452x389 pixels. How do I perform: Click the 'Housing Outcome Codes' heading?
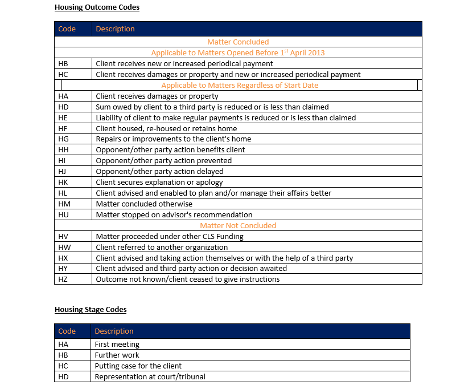coord(97,7)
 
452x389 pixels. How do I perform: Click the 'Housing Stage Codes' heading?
coord(91,310)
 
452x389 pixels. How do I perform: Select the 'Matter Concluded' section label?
coord(238,42)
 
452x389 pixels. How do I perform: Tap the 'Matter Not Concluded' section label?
coord(238,225)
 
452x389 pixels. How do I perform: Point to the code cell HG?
coord(63,139)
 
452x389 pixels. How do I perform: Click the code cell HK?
coord(63,182)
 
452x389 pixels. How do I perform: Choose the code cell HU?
coord(63,214)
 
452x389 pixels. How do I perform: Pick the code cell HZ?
coord(63,279)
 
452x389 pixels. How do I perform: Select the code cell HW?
coord(64,247)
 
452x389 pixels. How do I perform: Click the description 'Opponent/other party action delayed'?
coord(159,171)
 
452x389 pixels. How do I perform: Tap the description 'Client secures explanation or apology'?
coord(161,182)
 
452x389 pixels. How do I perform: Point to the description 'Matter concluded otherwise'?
coord(144,204)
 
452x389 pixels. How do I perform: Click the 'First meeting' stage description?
coord(117,344)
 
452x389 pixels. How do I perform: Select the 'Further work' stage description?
coord(117,355)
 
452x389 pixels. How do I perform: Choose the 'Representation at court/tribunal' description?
coord(150,376)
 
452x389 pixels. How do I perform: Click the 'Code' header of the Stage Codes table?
coord(67,331)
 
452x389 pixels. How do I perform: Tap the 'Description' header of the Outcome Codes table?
coord(115,29)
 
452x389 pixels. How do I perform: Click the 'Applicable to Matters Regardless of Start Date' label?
coord(240,85)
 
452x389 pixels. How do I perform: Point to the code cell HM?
coord(63,204)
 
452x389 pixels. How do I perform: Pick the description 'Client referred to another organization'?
coord(162,247)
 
